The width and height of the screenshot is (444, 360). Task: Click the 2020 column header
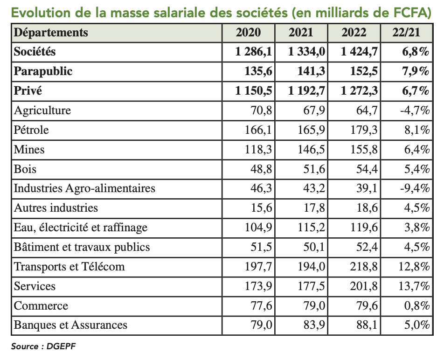[249, 33]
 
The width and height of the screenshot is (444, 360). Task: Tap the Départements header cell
[51, 33]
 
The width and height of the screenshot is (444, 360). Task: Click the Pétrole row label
[31, 130]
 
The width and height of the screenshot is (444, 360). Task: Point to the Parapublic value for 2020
[258, 71]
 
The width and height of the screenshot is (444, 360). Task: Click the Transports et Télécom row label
[69, 267]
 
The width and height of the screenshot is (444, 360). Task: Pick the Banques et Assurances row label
[70, 325]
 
